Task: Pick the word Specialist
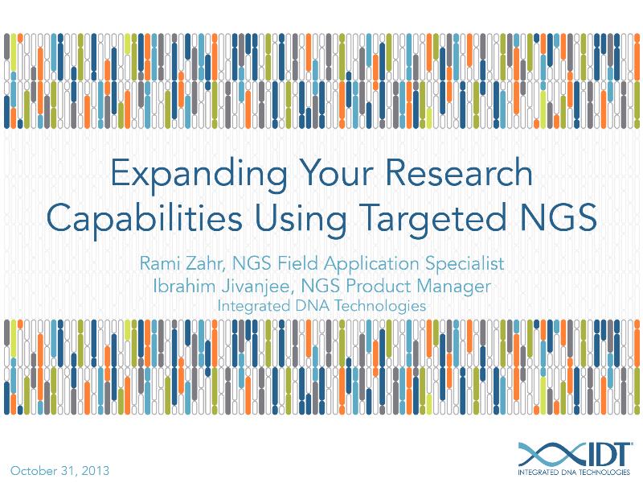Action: tap(469, 264)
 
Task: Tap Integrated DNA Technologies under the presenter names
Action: tap(321, 306)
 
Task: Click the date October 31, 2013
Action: tap(59, 469)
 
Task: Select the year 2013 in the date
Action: tap(94, 469)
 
